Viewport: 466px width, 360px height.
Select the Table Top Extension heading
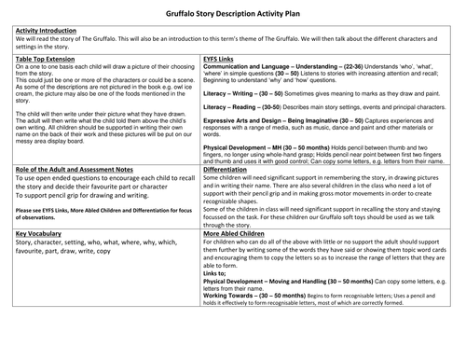(48, 59)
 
